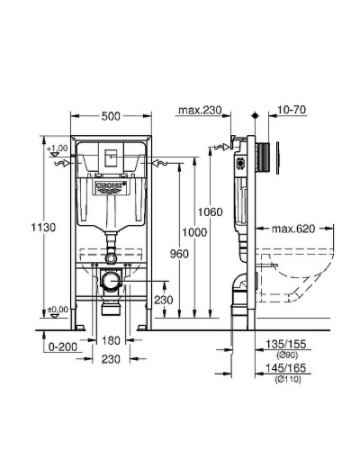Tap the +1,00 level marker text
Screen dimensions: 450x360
click(58, 148)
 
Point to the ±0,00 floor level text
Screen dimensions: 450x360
click(58, 310)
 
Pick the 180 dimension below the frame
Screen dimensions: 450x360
click(109, 340)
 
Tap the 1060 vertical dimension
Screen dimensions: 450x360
click(209, 211)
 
